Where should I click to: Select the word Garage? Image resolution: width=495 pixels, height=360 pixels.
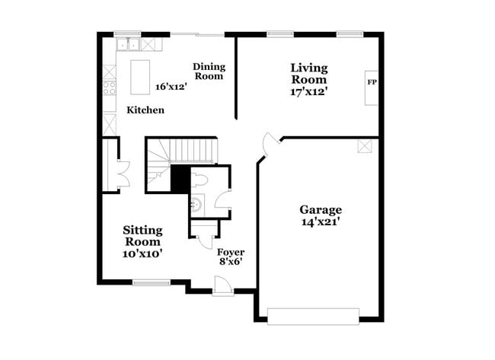coord(320,210)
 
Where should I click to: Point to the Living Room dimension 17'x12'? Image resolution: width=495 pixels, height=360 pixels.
coord(308,91)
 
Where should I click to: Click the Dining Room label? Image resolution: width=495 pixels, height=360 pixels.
coord(209,72)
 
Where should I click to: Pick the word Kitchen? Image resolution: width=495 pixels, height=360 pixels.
coord(145,110)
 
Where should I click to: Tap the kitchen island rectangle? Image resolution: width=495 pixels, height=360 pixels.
coord(139,75)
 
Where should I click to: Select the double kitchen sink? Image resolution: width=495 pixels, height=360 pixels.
coord(127,44)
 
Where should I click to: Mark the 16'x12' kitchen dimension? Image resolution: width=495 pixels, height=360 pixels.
coord(171,87)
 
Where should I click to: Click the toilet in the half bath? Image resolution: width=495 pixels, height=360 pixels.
coord(201,179)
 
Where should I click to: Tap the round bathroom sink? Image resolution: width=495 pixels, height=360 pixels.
coord(196,203)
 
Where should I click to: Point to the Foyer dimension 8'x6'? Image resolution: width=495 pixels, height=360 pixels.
coord(231,263)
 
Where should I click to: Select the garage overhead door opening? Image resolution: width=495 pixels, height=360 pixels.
coord(312,314)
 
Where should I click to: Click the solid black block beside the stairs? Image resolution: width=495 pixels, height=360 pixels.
coord(179,180)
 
